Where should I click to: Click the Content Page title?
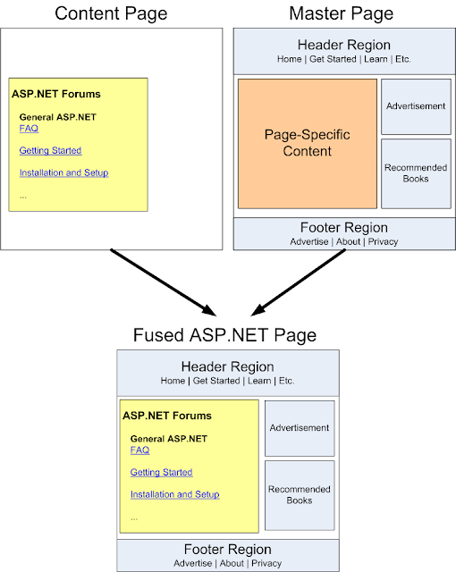pyautogui.click(x=112, y=13)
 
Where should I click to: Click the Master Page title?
pyautogui.click(x=342, y=13)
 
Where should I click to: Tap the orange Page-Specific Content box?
pyautogui.click(x=306, y=144)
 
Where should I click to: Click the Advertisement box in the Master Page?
pyautogui.click(x=415, y=105)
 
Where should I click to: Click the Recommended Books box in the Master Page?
pyautogui.click(x=415, y=172)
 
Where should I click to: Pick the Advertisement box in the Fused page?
pyautogui.click(x=300, y=427)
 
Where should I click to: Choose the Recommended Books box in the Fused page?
pyautogui.click(x=300, y=494)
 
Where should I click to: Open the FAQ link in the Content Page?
pyautogui.click(x=29, y=129)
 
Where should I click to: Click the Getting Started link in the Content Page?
pyautogui.click(x=50, y=150)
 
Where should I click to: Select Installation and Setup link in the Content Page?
pyautogui.click(x=63, y=172)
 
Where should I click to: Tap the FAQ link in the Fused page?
pyautogui.click(x=139, y=450)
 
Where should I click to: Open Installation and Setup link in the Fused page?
pyautogui.click(x=174, y=494)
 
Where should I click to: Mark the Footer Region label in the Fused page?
pyautogui.click(x=227, y=550)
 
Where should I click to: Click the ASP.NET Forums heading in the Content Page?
pyautogui.click(x=56, y=94)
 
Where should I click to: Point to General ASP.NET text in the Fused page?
pyautogui.click(x=168, y=439)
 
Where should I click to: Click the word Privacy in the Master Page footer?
pyautogui.click(x=383, y=241)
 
